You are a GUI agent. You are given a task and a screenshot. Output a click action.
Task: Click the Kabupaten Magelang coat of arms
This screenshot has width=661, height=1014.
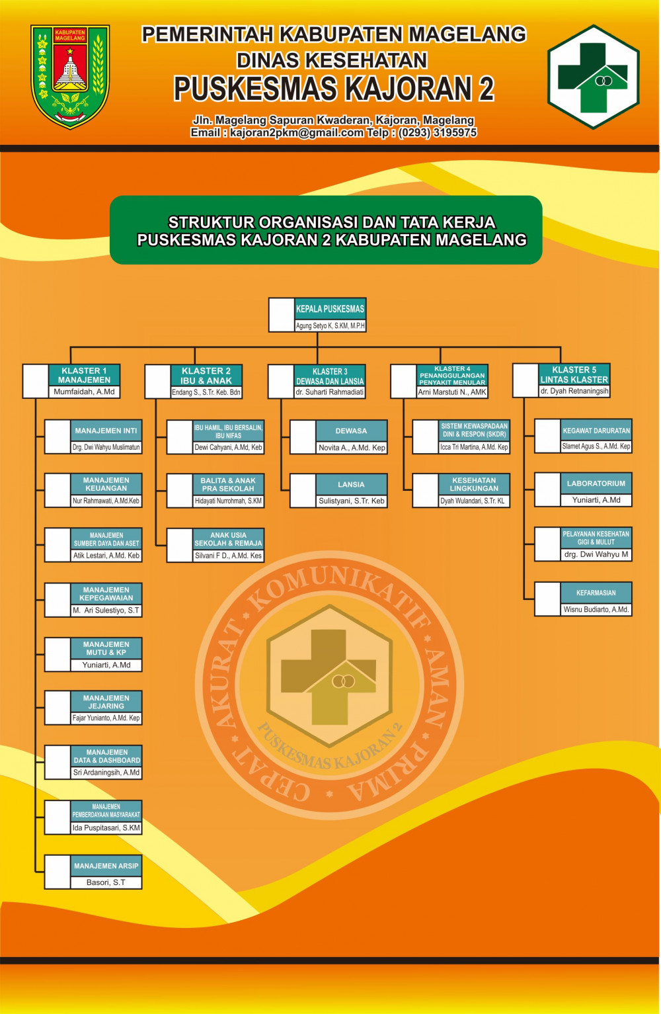click(x=70, y=76)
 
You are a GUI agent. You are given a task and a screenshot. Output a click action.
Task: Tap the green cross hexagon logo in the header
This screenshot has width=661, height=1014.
click(x=593, y=77)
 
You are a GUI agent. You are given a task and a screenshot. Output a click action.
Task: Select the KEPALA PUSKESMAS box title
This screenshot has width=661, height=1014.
click(x=330, y=309)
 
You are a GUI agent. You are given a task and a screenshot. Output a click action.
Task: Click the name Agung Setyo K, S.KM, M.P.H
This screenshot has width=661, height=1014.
click(x=330, y=325)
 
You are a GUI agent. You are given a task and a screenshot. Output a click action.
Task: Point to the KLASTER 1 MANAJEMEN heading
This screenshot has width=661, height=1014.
click(x=84, y=375)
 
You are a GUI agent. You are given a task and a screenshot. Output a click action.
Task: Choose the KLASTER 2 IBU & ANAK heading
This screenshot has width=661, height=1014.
click(x=206, y=375)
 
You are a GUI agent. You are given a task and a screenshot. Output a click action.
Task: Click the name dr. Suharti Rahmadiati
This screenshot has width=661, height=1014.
click(x=329, y=392)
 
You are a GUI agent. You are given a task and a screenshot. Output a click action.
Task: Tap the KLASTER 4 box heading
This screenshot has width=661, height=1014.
click(x=452, y=375)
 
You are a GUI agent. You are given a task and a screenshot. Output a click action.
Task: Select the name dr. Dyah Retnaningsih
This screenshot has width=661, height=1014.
click(x=574, y=392)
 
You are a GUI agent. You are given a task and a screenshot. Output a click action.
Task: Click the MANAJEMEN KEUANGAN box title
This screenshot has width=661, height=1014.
click(x=106, y=484)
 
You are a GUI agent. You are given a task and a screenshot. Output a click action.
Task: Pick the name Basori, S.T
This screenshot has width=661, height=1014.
click(x=106, y=882)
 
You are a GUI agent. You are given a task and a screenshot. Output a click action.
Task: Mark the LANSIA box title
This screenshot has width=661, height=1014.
click(x=351, y=485)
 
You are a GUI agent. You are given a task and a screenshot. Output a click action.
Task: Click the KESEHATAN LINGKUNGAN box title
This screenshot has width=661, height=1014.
click(x=474, y=484)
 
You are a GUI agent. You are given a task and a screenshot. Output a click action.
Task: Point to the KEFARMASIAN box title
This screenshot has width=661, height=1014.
click(x=596, y=593)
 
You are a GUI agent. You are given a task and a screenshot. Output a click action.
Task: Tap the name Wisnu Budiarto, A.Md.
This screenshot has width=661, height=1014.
click(x=596, y=609)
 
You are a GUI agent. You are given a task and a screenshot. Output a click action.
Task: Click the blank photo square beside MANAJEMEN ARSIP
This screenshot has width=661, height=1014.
click(x=58, y=872)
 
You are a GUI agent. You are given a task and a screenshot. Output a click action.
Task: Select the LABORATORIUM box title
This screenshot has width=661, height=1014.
click(x=596, y=484)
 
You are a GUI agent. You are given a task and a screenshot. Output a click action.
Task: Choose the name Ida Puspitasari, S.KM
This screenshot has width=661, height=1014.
click(x=106, y=827)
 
